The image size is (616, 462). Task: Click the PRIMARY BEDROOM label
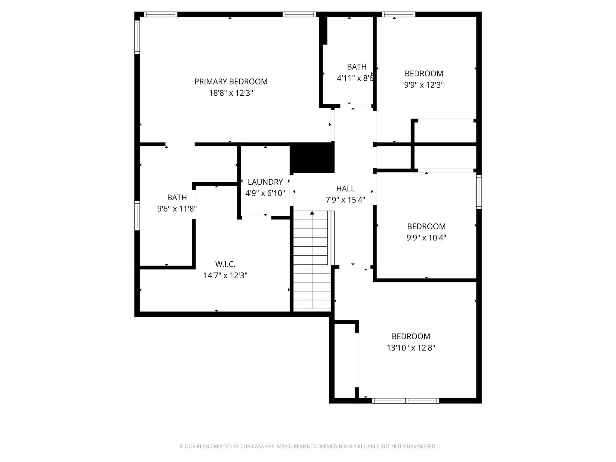(x=231, y=82)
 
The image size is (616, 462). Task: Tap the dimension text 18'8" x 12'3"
(x=231, y=93)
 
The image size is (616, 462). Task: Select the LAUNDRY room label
(x=265, y=182)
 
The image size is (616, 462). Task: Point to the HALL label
(x=345, y=189)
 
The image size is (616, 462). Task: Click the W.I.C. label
(x=225, y=264)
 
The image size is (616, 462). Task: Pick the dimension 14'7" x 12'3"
(x=225, y=276)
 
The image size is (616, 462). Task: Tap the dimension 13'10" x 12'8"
(x=411, y=348)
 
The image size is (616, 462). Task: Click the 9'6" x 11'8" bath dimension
(x=177, y=209)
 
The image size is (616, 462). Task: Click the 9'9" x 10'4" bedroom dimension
(x=426, y=238)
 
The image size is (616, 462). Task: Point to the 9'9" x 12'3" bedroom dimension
(x=424, y=85)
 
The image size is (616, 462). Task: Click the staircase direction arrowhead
(x=312, y=213)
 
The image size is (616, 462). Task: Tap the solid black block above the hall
(x=312, y=158)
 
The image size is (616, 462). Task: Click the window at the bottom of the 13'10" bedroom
(x=405, y=401)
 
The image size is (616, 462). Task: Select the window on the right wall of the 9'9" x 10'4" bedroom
(x=479, y=192)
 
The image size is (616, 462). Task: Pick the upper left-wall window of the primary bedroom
(x=137, y=37)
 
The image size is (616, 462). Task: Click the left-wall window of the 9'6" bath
(x=137, y=216)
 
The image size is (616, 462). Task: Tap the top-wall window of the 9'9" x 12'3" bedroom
(x=399, y=14)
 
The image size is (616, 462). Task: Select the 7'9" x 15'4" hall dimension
(x=345, y=200)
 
